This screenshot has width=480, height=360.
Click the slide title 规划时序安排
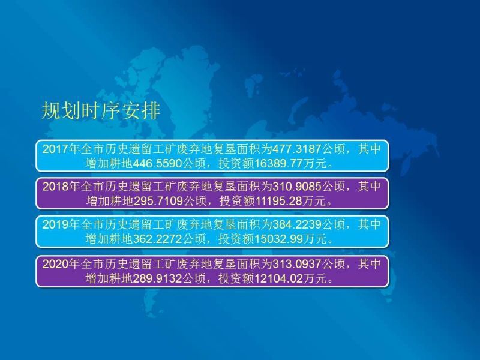point(101,110)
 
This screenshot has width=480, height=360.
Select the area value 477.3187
point(296,149)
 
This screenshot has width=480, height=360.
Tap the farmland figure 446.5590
point(157,163)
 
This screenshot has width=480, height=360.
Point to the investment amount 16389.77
point(279,163)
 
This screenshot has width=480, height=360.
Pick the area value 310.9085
point(296,187)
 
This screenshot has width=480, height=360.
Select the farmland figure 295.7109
point(158,201)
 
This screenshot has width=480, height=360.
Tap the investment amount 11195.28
point(279,201)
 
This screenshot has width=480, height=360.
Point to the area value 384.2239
point(296,224)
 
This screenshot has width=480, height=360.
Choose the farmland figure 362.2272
point(157,239)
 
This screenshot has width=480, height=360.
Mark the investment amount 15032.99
point(279,239)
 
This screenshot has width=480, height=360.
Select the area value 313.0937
point(296,264)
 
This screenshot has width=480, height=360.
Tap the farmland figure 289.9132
point(157,278)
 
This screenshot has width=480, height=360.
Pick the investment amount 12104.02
point(279,278)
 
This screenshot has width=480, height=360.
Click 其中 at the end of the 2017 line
point(369,149)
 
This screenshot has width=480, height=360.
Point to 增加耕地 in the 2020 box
point(109,278)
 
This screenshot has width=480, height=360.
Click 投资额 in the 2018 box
point(237,201)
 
